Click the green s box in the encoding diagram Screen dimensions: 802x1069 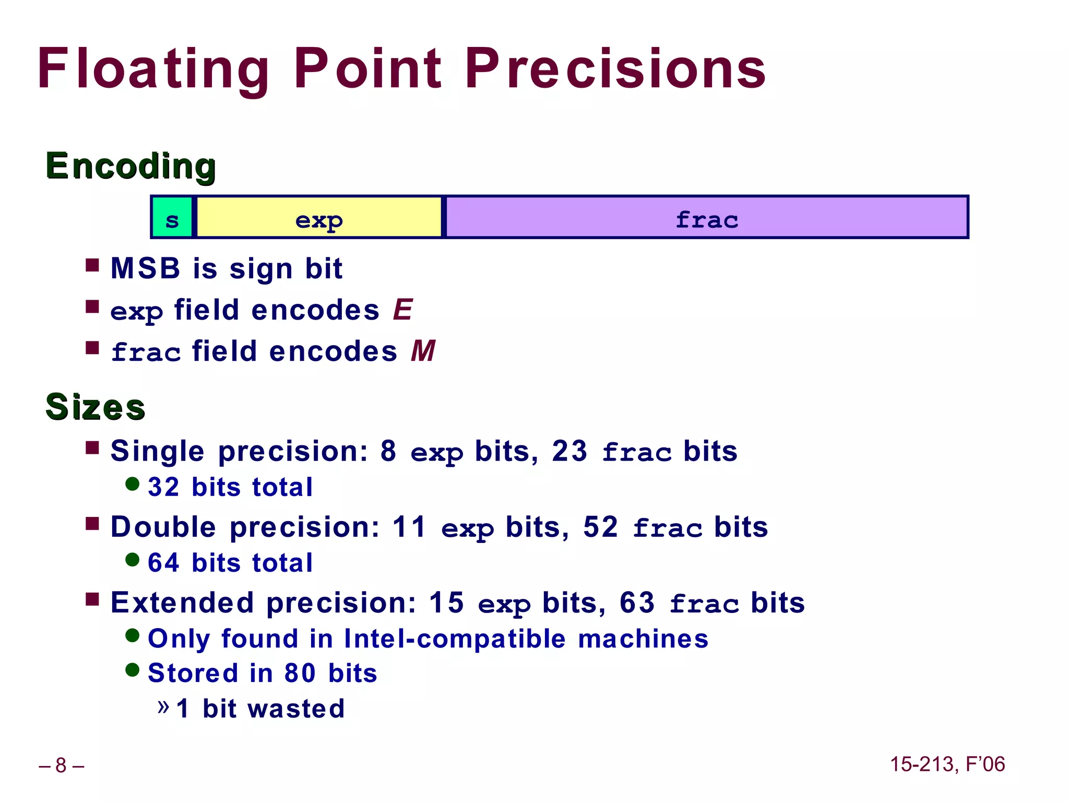(172, 218)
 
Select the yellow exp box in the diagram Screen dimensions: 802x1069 (319, 218)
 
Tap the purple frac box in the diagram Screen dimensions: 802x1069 (706, 218)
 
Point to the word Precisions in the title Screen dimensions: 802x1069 (618, 69)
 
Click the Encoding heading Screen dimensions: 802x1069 (130, 166)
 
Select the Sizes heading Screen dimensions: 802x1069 (95, 407)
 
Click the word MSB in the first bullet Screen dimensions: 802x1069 (145, 269)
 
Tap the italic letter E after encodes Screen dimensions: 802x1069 (403, 310)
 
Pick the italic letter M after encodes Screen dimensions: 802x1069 (423, 351)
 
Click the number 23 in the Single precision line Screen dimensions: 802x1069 (569, 451)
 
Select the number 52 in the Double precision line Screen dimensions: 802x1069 (601, 527)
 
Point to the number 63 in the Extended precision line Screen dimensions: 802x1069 (637, 603)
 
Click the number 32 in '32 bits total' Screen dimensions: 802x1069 (163, 487)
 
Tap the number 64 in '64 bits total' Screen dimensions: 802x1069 (163, 563)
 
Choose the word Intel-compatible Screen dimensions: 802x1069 (455, 639)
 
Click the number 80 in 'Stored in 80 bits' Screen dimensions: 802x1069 (300, 673)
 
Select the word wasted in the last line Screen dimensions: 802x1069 (296, 709)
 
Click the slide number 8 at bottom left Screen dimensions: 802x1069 (61, 765)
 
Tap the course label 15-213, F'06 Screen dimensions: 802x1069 (947, 764)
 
